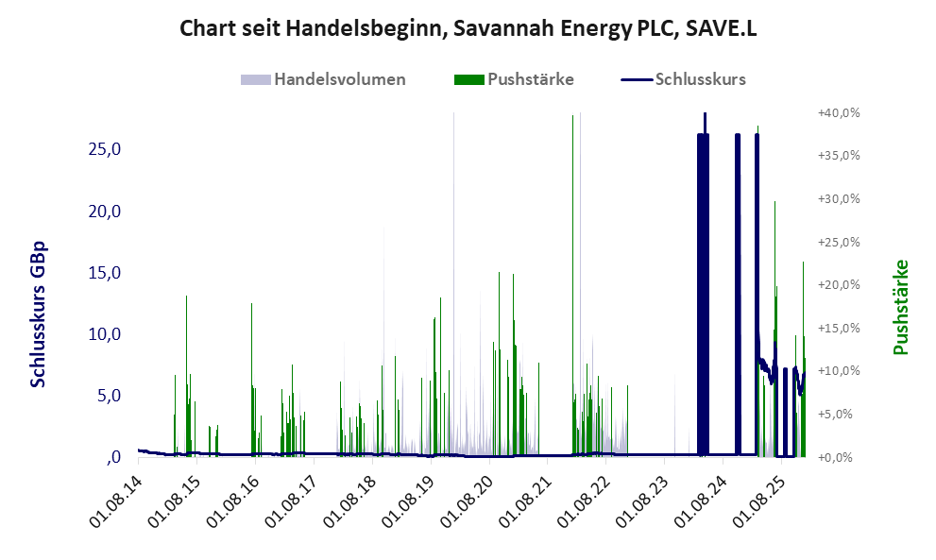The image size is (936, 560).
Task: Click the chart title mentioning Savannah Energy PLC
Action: point(468,29)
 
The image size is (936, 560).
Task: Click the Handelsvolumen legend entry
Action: point(340,79)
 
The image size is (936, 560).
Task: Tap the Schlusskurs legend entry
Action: point(700,79)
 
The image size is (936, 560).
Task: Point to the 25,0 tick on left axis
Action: point(104,149)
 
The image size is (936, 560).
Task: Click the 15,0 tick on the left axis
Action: point(104,273)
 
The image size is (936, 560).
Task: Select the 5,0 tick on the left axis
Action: point(107,396)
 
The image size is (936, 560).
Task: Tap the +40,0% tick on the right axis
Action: point(838,112)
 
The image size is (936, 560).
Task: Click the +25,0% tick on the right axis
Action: point(838,242)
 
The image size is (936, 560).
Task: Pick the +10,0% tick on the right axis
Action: point(838,371)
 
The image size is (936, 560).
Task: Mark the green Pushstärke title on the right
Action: point(900,308)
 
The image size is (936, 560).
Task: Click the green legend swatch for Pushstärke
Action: point(468,79)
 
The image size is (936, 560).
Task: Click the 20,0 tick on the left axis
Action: point(104,211)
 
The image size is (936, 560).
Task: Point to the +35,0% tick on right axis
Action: point(838,156)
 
